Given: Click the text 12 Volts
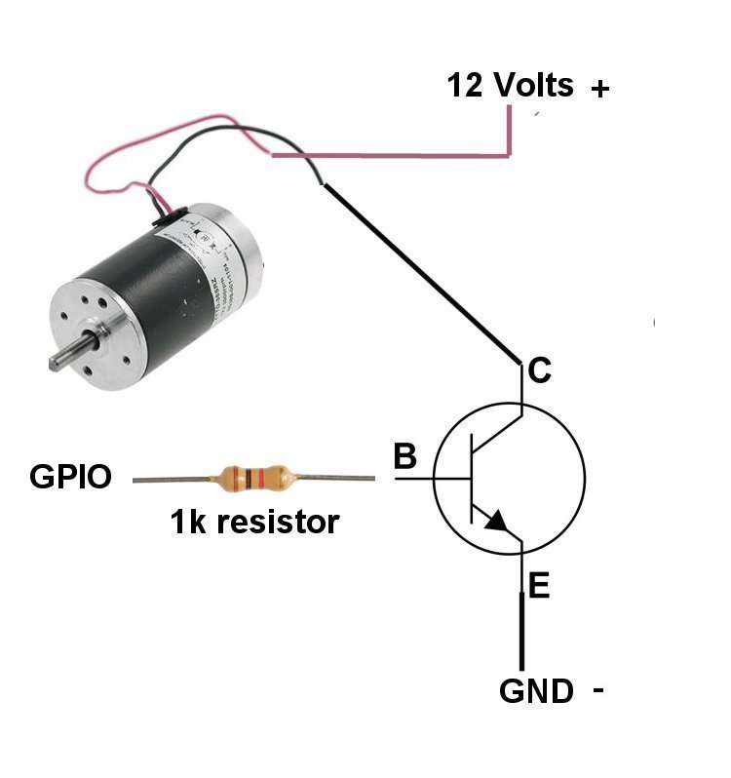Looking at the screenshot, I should pyautogui.click(x=510, y=86).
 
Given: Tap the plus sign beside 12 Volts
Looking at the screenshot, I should pyautogui.click(x=599, y=90).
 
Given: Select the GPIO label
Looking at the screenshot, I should pyautogui.click(x=70, y=478).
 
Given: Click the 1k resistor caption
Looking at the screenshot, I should pyautogui.click(x=254, y=523).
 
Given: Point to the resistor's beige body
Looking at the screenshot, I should pyautogui.click(x=252, y=478).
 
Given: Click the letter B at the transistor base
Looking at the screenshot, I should pyautogui.click(x=404, y=456).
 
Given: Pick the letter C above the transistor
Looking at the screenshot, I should pyautogui.click(x=538, y=371).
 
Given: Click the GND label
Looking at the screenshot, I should pyautogui.click(x=536, y=691).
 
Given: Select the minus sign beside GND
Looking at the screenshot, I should pyautogui.click(x=597, y=690).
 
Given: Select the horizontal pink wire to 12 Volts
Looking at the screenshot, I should pyautogui.click(x=390, y=155).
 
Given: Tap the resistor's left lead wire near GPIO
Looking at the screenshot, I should pyautogui.click(x=171, y=479).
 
